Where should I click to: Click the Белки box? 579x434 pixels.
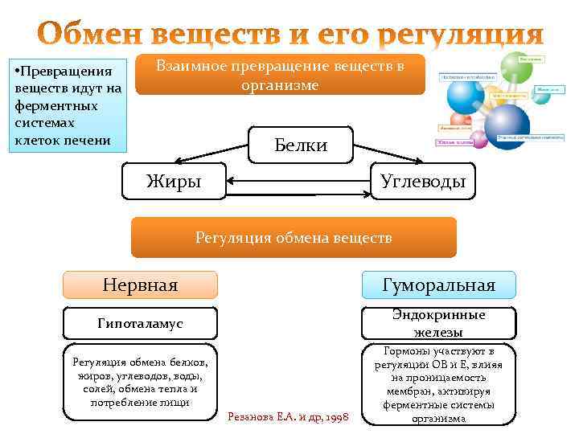tap(301, 145)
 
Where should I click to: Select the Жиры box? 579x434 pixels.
tap(173, 182)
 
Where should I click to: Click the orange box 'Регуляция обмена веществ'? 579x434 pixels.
tap(294, 237)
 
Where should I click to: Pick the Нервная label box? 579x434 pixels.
tap(140, 285)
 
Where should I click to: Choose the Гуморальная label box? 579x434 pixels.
tap(438, 285)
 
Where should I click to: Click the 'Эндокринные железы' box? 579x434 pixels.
tap(438, 323)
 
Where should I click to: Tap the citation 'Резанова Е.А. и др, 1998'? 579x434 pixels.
tap(289, 416)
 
